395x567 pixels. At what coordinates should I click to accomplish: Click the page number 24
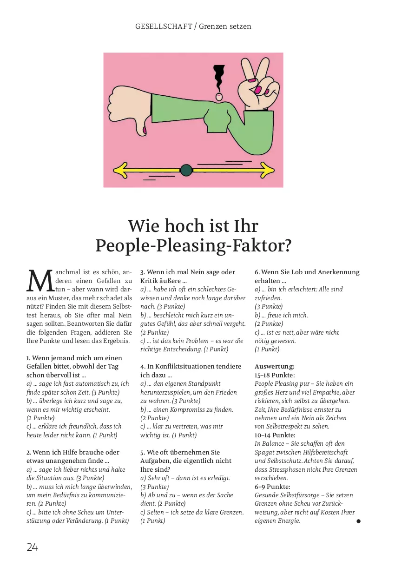coord(32,547)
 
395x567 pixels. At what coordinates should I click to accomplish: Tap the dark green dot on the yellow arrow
coord(186,170)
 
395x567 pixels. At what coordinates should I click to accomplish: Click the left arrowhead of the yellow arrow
coord(120,170)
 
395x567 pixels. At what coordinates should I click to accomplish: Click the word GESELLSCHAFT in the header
coord(164,26)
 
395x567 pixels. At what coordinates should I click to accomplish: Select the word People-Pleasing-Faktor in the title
coord(193,245)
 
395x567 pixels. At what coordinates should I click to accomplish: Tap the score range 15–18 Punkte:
coord(275,375)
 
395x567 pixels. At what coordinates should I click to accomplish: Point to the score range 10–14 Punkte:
coord(275,435)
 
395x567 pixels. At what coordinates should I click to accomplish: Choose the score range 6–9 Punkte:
coord(272,487)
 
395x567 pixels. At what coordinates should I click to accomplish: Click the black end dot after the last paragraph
coord(358,521)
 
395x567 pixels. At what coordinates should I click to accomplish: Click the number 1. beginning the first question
coord(29,358)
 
